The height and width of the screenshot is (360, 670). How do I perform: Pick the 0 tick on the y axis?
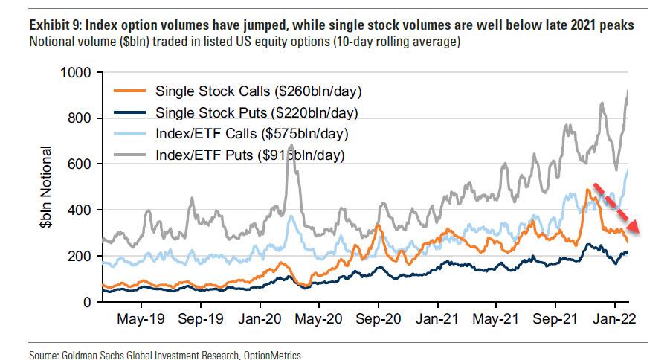point(87,303)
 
